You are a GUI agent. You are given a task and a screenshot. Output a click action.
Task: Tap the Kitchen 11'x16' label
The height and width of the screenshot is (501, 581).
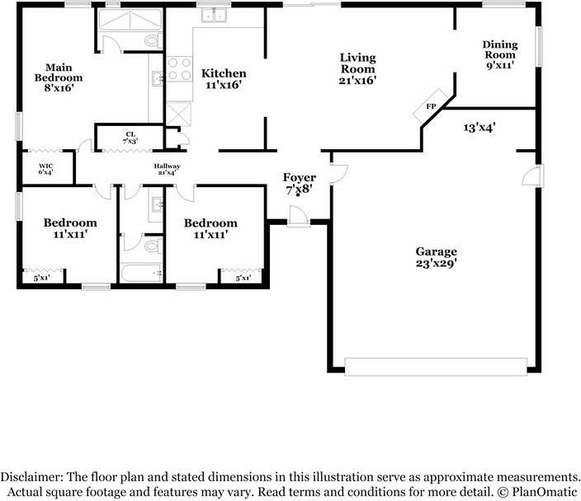[224, 79]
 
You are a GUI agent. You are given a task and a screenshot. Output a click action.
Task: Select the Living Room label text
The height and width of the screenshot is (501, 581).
[358, 69]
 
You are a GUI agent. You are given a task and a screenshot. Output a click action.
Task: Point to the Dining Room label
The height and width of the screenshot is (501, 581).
[500, 54]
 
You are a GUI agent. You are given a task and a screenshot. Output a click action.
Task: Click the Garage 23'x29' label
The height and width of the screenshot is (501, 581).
[436, 257]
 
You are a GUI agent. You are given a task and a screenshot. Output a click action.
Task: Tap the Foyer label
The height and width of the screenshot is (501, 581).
[299, 183]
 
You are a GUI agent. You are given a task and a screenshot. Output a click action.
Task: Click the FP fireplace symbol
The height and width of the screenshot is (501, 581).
[431, 107]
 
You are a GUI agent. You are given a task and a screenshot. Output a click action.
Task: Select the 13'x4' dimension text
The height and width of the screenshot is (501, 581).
[479, 127]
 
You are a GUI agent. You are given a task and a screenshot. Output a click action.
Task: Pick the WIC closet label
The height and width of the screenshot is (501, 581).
[46, 169]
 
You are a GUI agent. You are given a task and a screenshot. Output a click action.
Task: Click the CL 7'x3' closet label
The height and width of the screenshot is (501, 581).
[130, 137]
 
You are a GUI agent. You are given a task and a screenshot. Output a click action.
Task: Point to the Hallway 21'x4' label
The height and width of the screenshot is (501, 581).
[167, 169]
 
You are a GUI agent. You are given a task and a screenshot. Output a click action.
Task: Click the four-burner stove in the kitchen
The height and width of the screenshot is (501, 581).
[179, 68]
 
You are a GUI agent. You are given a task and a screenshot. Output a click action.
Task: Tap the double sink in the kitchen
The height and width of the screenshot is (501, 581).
[215, 15]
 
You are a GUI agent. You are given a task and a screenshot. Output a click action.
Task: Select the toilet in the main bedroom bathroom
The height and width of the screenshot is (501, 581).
[152, 40]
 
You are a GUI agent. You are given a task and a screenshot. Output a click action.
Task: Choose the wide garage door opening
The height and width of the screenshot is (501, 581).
[435, 366]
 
